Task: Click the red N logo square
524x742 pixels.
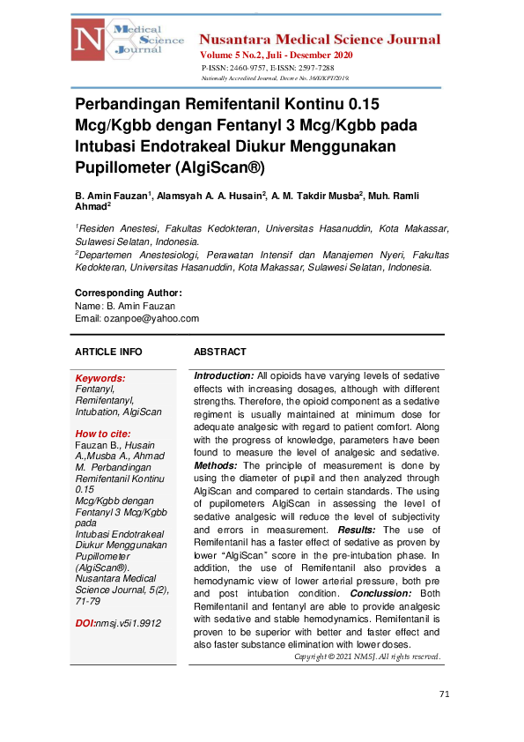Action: pos(89,41)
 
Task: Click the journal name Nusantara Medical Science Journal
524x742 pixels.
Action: pos(320,40)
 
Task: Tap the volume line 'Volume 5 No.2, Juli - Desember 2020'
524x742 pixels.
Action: pos(277,56)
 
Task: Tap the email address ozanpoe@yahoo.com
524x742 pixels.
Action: pos(150,318)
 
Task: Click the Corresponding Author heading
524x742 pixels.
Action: pos(129,293)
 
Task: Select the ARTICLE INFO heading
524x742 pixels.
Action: pos(108,352)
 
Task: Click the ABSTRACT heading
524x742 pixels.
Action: pos(220,352)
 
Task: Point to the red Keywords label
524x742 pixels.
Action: pos(100,378)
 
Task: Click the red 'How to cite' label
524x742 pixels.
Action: pos(102,434)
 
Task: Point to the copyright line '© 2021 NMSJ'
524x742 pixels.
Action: pos(367,657)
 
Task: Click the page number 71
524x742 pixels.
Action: pos(444,694)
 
